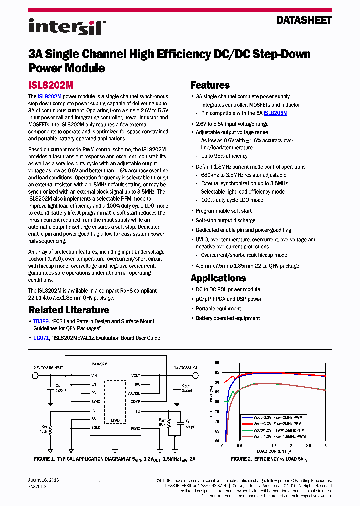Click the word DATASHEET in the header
point(304,20)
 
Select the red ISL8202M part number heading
point(51,85)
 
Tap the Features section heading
point(210,85)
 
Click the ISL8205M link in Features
point(275,113)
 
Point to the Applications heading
point(218,278)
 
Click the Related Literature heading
point(68,310)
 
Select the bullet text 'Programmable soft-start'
point(223,211)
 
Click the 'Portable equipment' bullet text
point(219,308)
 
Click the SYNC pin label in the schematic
point(96,401)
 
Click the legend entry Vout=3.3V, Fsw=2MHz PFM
point(278,423)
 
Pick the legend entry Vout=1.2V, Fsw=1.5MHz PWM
point(279,436)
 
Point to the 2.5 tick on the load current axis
point(308,446)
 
